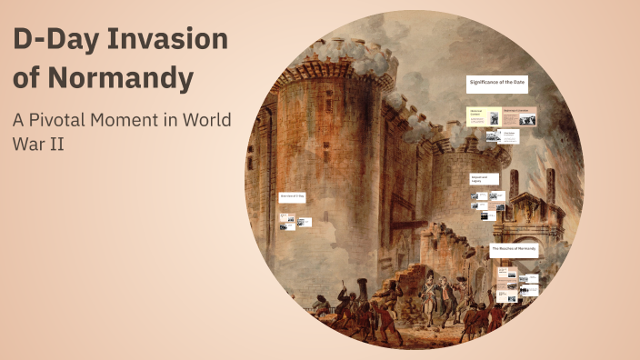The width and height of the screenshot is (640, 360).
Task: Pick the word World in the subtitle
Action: [207, 120]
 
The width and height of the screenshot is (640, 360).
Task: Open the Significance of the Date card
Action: [498, 85]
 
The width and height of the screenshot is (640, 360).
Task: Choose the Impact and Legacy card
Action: [483, 179]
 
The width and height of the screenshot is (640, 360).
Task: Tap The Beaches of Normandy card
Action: [515, 248]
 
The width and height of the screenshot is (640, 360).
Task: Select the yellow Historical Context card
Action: [478, 116]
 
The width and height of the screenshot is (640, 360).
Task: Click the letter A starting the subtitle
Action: [18, 120]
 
